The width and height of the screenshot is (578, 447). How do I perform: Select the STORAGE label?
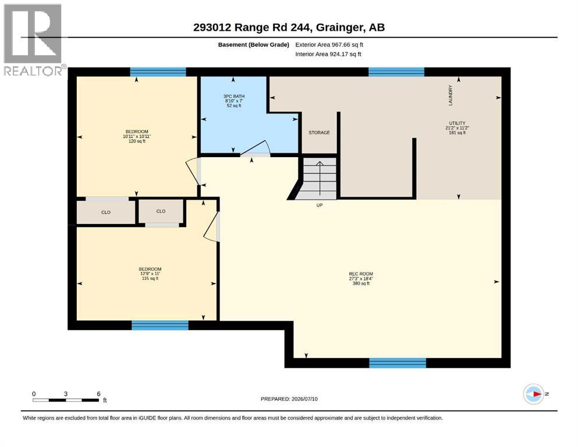319,133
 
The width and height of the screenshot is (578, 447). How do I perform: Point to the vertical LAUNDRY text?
450,95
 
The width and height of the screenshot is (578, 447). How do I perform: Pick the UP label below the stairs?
320,205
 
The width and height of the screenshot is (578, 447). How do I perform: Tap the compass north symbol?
534,394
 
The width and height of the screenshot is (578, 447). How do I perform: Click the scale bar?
66,400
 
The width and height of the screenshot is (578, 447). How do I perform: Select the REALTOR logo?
34,40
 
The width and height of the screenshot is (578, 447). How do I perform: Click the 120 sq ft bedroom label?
137,136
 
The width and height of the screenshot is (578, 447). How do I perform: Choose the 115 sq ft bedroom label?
150,274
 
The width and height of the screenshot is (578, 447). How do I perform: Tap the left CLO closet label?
106,212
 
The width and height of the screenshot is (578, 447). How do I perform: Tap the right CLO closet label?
161,211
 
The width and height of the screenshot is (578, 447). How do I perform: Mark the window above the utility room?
396,72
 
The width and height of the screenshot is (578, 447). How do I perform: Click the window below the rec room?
398,363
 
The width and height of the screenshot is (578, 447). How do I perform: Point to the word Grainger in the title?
339,27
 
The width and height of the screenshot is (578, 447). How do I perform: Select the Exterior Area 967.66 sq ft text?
329,45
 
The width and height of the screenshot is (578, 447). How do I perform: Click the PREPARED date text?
289,399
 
